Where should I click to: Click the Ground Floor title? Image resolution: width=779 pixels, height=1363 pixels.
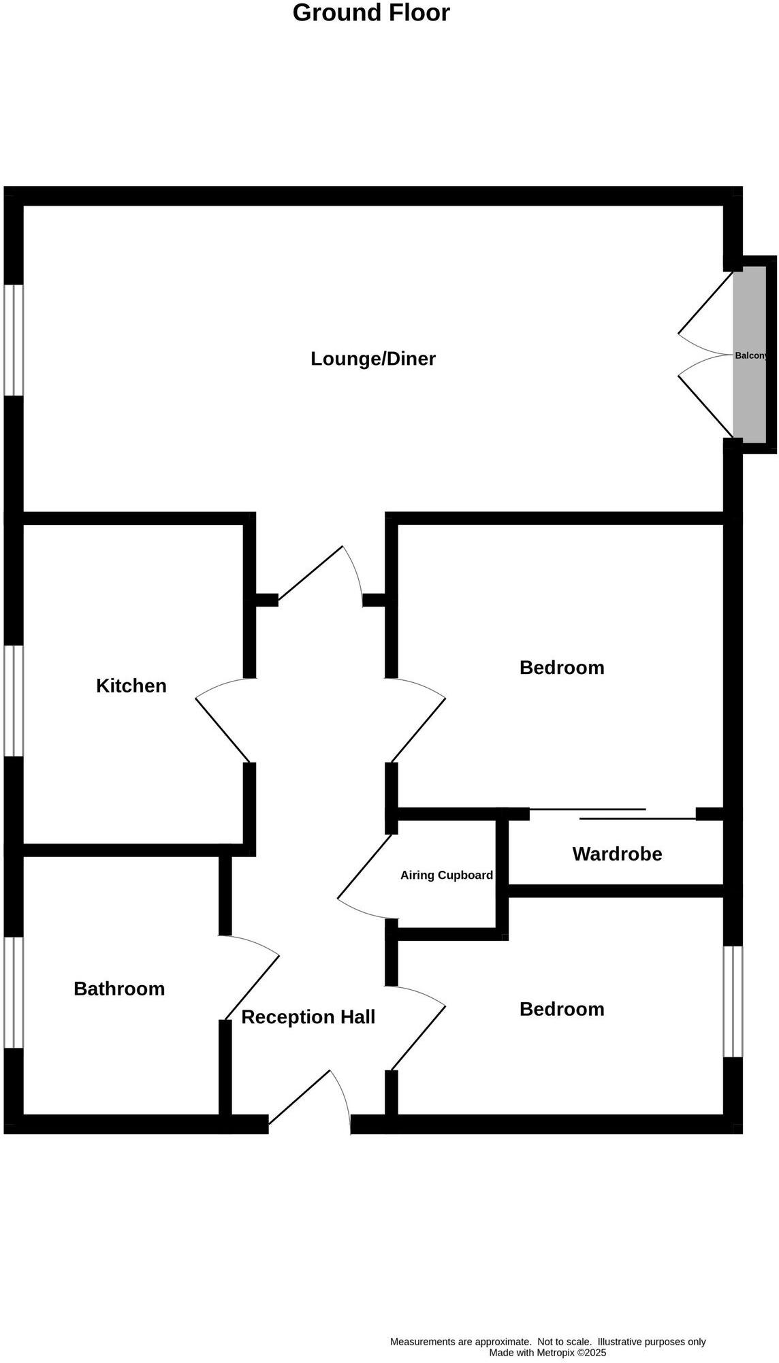click(371, 13)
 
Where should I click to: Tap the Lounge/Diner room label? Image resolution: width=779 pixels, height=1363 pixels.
click(373, 359)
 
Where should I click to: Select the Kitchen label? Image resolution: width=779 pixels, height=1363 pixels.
click(131, 686)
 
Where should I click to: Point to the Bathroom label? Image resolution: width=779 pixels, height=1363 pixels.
click(119, 989)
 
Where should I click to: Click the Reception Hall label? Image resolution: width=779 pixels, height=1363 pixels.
click(308, 1017)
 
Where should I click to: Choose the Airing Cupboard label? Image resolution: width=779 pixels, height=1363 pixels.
click(446, 876)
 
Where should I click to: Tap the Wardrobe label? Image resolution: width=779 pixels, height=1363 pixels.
click(617, 854)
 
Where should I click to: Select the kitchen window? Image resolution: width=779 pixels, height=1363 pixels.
click(14, 701)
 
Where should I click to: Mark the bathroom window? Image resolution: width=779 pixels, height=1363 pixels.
click(14, 992)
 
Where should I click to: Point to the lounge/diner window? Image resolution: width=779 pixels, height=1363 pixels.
click(14, 340)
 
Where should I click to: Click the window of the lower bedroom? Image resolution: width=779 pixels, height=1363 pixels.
click(733, 1001)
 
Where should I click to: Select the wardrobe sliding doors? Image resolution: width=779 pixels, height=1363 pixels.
click(613, 814)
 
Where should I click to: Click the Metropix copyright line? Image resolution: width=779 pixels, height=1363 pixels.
click(547, 1353)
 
